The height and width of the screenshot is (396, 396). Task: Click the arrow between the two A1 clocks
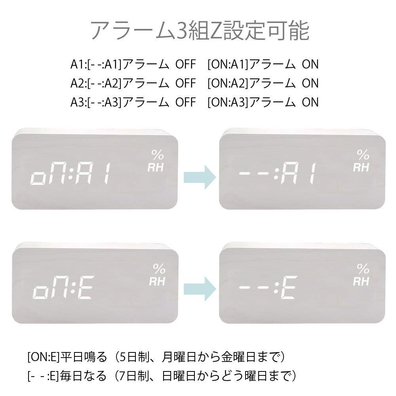200,177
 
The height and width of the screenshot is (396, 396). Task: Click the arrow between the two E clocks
200,289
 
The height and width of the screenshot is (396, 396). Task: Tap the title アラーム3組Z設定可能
200,30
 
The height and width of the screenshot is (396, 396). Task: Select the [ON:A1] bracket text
228,64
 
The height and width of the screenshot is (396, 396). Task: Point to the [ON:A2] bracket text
228,83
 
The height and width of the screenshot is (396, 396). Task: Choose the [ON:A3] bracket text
228,102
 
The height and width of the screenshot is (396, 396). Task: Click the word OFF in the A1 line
186,64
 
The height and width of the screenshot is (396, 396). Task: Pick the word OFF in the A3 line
186,102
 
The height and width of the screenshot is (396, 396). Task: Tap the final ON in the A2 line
310,83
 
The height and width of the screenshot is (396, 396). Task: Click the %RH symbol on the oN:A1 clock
156,161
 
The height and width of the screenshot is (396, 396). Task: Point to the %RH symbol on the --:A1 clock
362,161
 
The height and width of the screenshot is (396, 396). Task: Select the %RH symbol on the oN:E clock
158,275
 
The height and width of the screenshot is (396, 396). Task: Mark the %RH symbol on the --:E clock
362,275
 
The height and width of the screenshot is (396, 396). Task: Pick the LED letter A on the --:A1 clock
289,173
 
